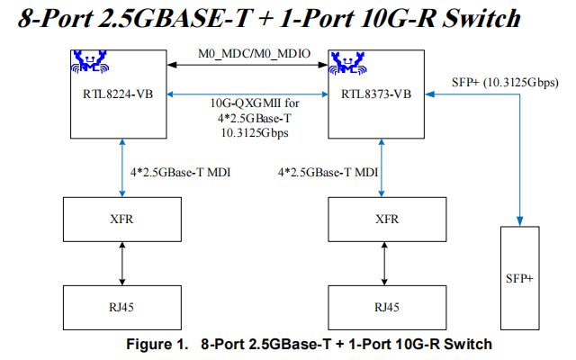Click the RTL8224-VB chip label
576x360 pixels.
click(x=112, y=92)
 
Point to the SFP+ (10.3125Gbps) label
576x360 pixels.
click(x=503, y=83)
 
